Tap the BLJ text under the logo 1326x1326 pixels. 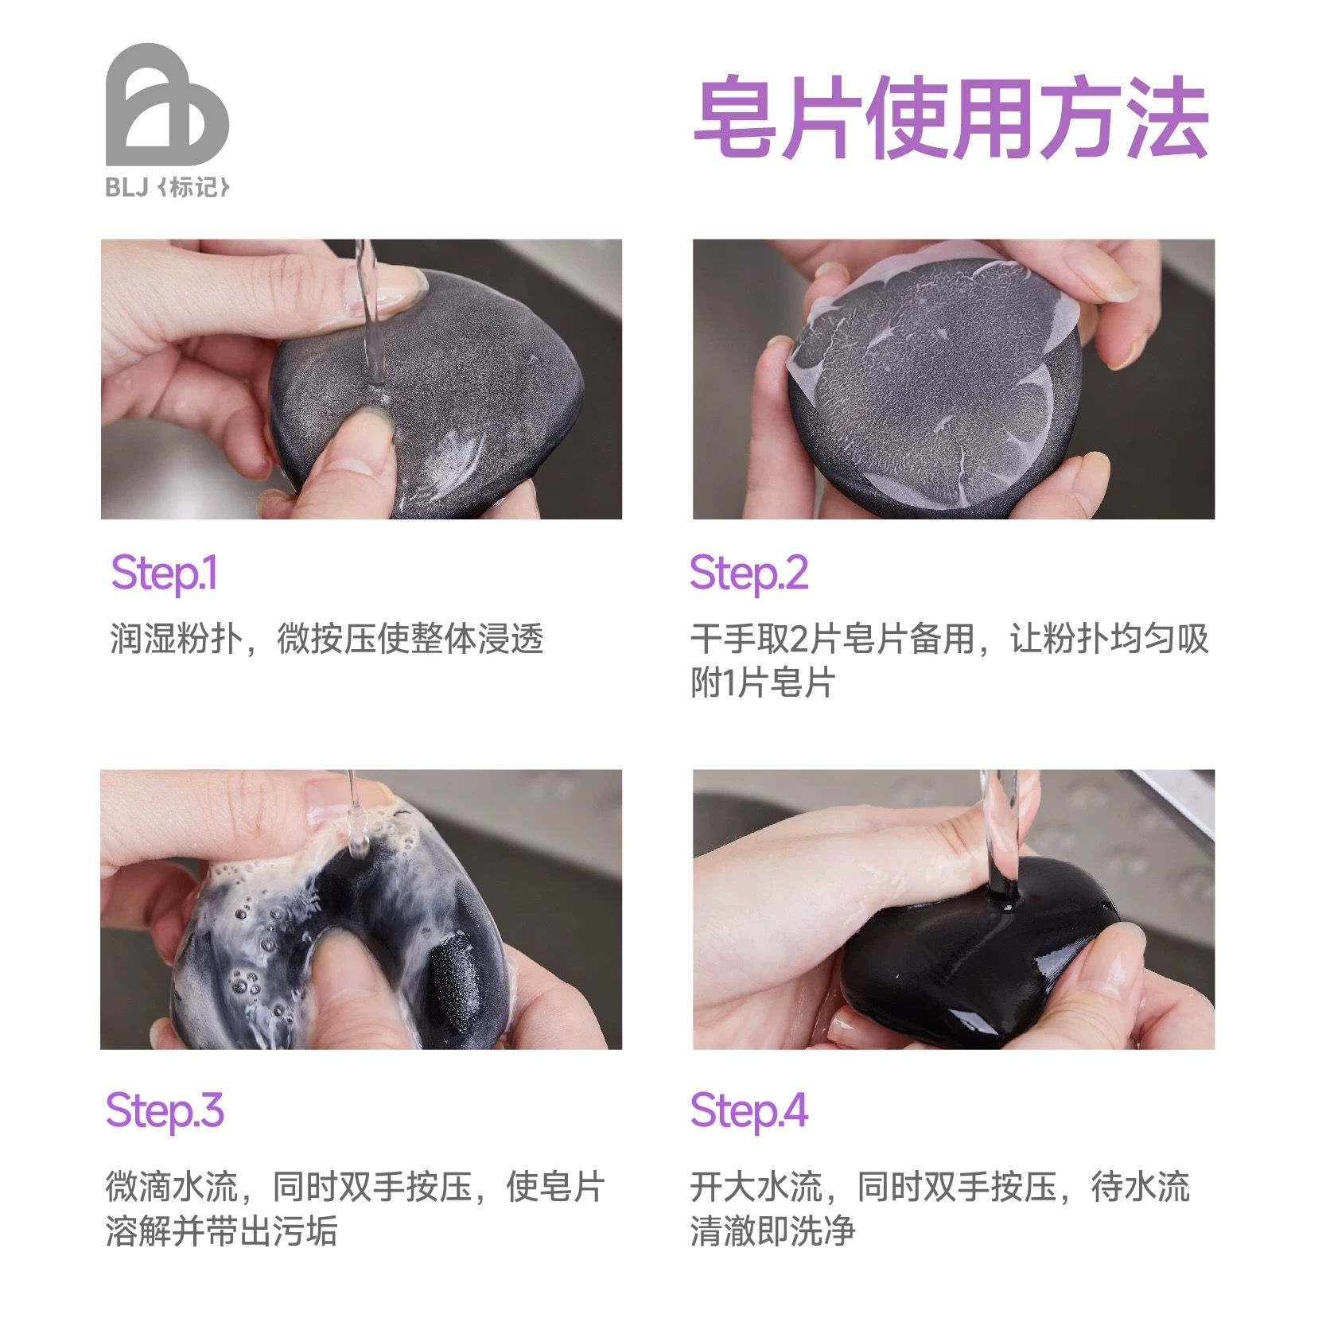pyautogui.click(x=127, y=188)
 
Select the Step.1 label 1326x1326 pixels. pyautogui.click(x=164, y=574)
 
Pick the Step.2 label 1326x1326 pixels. pyautogui.click(x=749, y=574)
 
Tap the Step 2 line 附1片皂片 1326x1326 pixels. pyautogui.click(x=762, y=682)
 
